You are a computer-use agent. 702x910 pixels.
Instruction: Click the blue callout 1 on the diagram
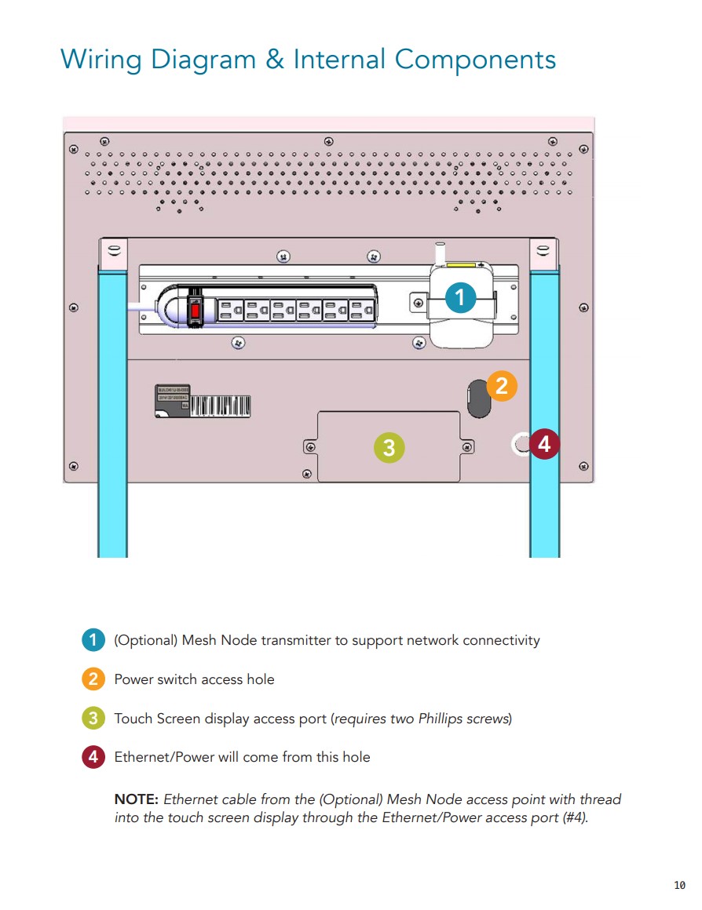coord(460,297)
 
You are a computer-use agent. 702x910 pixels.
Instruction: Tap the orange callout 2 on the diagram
coord(502,386)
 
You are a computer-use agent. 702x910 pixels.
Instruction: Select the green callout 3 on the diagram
coord(389,447)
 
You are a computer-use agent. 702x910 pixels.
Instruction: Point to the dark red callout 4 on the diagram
coord(544,445)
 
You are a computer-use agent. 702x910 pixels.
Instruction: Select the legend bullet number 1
coord(93,640)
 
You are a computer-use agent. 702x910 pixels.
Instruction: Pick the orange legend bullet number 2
coord(93,679)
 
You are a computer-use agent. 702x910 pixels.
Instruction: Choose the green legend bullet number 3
coord(93,718)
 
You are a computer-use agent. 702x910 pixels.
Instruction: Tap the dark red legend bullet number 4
coord(93,757)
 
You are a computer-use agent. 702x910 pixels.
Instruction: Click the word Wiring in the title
coord(103,60)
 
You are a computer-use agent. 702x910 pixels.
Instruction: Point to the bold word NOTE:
coord(137,799)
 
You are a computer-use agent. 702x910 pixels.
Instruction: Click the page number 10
coord(679,886)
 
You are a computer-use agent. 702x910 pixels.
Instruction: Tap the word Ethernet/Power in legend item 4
coord(162,757)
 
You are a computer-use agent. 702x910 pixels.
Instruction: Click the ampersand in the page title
coord(275,60)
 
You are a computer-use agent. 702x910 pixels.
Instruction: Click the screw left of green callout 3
coord(309,447)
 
